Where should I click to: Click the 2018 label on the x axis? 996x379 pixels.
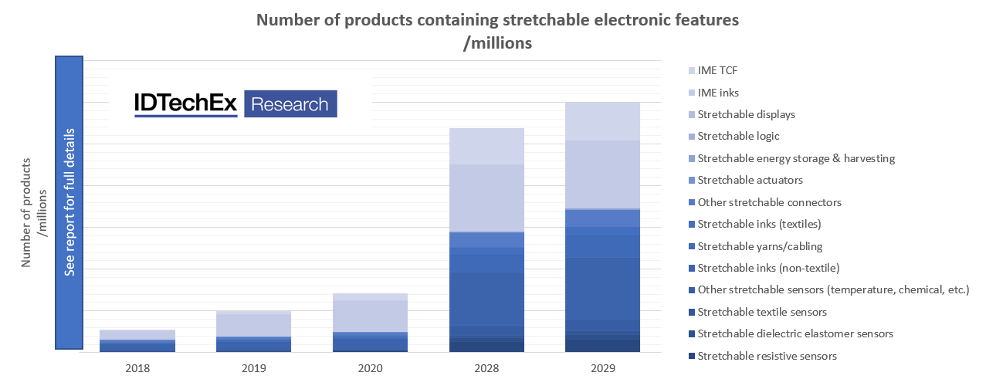[137, 368]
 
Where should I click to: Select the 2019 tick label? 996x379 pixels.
[254, 368]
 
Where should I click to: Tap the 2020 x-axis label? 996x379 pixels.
[370, 368]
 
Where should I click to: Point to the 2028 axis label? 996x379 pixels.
[486, 368]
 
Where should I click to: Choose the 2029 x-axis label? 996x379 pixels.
[602, 368]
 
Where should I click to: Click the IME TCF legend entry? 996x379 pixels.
[719, 70]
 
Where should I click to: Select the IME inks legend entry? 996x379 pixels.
[718, 93]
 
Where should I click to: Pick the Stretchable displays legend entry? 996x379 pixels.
[746, 114]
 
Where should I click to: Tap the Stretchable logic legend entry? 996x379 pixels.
[738, 136]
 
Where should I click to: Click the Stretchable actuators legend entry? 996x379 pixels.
[750, 180]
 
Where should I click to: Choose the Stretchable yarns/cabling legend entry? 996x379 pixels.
[760, 246]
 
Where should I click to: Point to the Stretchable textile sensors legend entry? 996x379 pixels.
[762, 312]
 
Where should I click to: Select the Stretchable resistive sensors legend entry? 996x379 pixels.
[767, 356]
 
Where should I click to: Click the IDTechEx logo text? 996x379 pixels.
[185, 103]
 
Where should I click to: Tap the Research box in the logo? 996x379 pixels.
[290, 104]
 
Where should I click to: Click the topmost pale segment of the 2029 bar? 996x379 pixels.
[602, 121]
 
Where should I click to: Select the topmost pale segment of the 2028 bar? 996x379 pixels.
[486, 146]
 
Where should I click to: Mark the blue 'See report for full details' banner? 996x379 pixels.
[69, 203]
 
